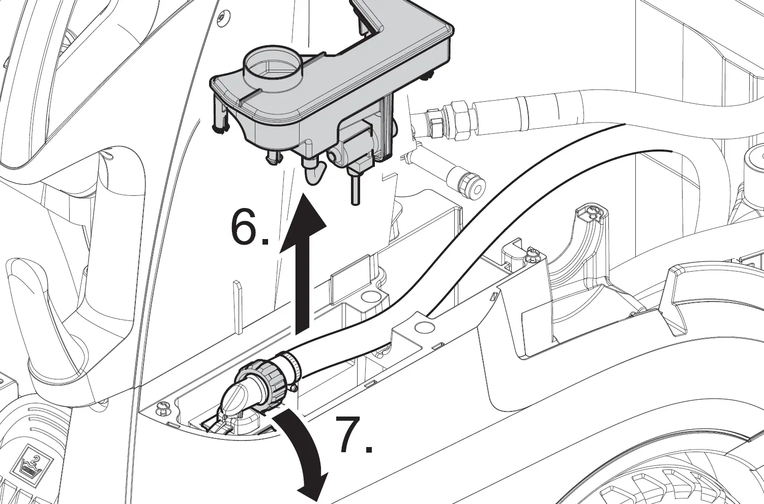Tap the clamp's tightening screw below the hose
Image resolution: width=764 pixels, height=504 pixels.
tap(293, 389)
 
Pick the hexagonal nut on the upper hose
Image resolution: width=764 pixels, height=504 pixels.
tap(459, 120)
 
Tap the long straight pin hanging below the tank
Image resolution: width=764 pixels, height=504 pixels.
tap(354, 188)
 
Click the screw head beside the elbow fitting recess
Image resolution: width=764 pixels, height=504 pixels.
tap(163, 407)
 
